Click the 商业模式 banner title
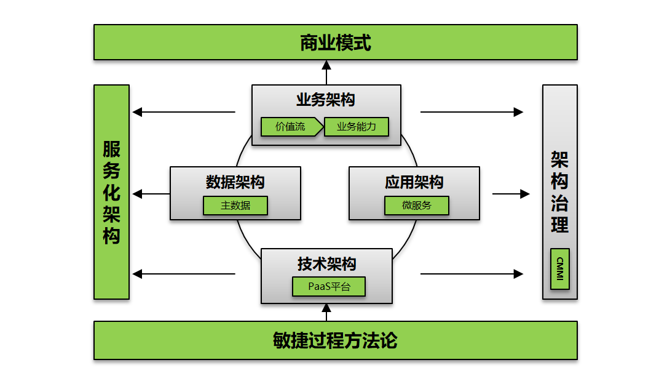pos(335,43)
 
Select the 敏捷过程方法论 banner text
pos(335,340)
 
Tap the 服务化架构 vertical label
pos(111,192)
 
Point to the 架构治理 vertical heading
pos(559,192)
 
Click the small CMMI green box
pos(559,269)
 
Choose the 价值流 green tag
pos(290,127)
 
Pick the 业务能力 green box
pos(357,127)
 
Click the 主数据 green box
pos(235,206)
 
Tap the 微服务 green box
pos(417,206)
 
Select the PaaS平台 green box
pos(328,287)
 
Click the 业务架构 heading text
pos(326,100)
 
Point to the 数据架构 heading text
pos(235,182)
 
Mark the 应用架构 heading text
pos(414,182)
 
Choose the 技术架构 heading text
pos(326,264)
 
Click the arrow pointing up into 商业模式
pos(326,72)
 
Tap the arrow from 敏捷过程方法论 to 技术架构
pos(326,312)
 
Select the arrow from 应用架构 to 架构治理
pos(510,194)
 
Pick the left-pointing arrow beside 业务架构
pos(184,112)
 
